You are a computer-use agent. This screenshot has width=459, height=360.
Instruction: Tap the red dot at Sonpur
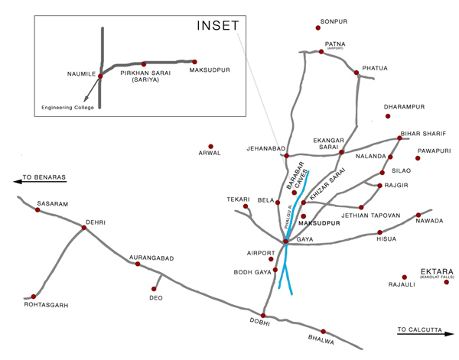coord(318,28)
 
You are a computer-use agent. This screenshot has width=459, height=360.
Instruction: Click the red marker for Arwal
coord(210,145)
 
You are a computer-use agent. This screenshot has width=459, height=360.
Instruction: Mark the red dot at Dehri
coord(84,227)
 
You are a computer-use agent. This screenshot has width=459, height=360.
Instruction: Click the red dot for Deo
coord(155,288)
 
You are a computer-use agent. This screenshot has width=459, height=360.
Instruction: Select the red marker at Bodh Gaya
coord(276,269)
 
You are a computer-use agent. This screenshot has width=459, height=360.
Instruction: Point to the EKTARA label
coord(438,271)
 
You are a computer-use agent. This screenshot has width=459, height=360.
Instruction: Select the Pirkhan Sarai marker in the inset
coord(144,64)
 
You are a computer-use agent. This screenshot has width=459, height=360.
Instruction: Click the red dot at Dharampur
coord(388,116)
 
